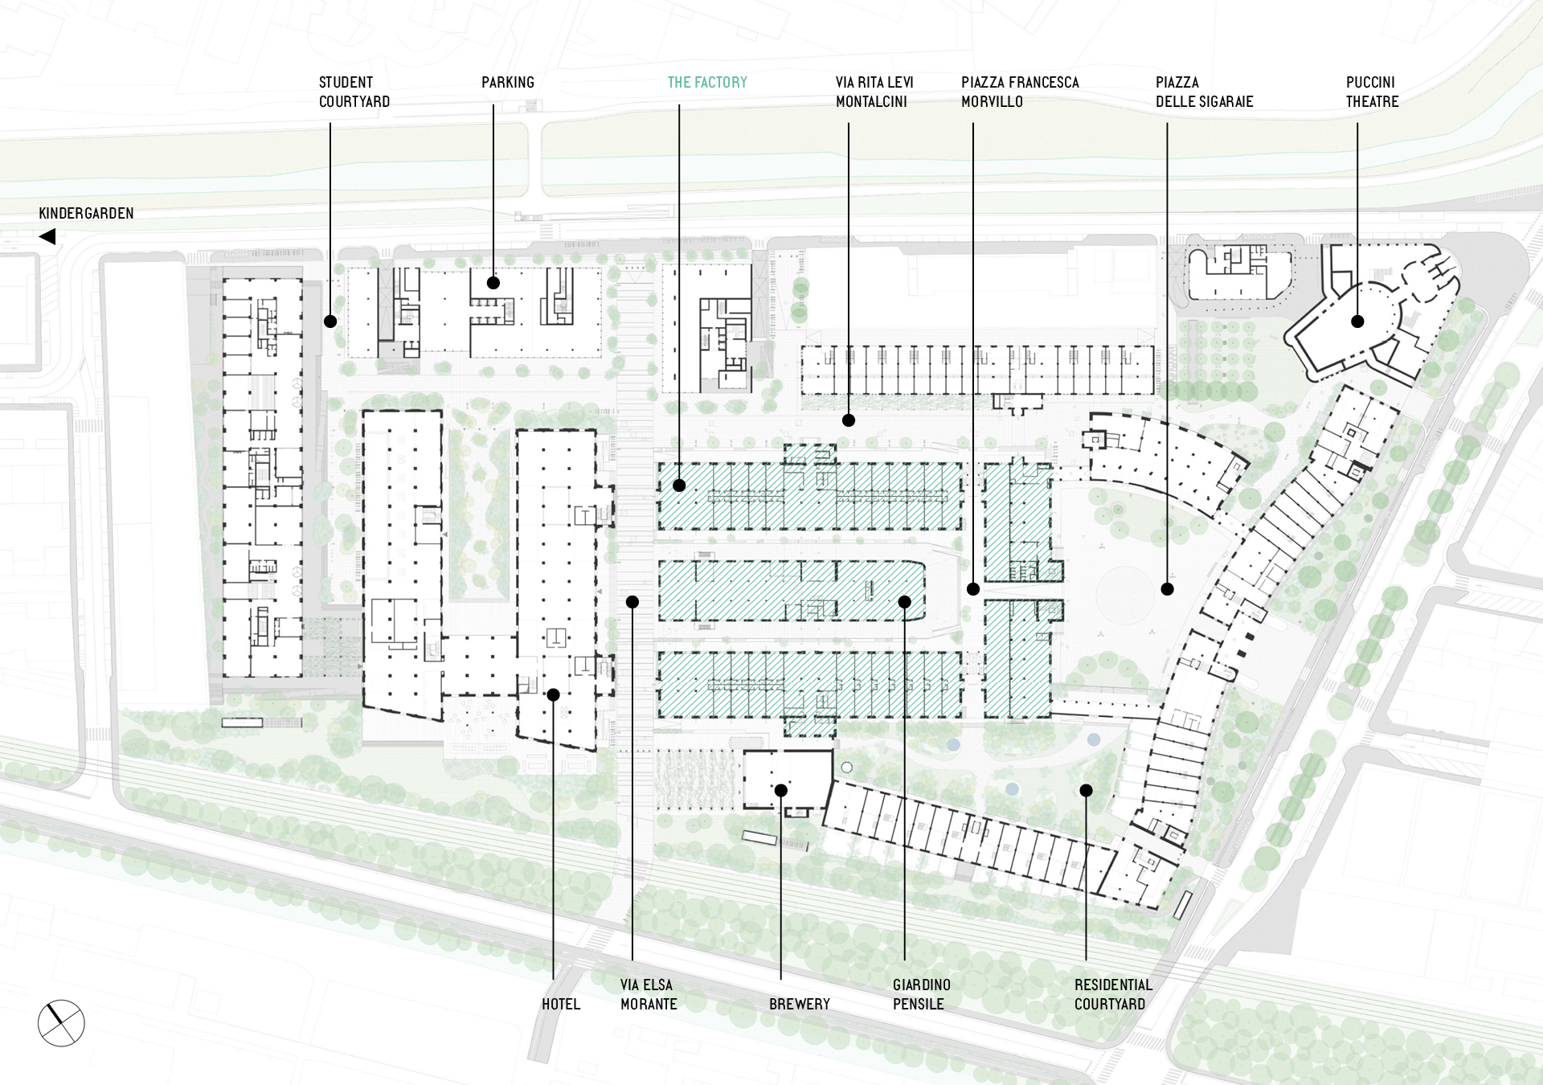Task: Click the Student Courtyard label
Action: [354, 92]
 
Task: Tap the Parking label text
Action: [508, 82]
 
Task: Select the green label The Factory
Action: [707, 82]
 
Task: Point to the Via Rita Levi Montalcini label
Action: [874, 92]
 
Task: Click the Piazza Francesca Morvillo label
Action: [1020, 92]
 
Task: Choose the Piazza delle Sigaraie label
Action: [1204, 92]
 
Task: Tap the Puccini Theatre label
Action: [1373, 92]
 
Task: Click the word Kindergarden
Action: [86, 213]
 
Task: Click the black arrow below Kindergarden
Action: [47, 236]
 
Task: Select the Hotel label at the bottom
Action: [561, 1004]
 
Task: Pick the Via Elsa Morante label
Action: [649, 994]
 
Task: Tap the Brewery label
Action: [800, 1004]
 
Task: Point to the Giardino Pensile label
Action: [921, 994]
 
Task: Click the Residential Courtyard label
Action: [1113, 994]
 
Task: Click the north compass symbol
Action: [61, 1023]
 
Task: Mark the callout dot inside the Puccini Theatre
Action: [1357, 321]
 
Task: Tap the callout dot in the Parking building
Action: [493, 283]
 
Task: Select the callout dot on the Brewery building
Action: [780, 791]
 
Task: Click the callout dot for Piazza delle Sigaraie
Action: [1167, 589]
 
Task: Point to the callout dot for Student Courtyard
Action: [330, 321]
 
